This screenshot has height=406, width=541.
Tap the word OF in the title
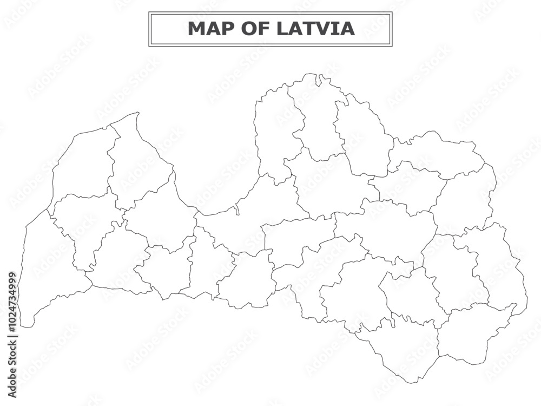(256, 29)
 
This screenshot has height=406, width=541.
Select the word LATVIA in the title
(316, 29)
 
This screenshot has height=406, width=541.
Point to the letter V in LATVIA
(326, 29)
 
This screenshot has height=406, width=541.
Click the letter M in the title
(196, 29)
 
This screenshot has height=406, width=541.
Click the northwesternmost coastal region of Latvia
(81, 162)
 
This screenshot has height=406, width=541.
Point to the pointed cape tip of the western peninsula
(138, 113)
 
